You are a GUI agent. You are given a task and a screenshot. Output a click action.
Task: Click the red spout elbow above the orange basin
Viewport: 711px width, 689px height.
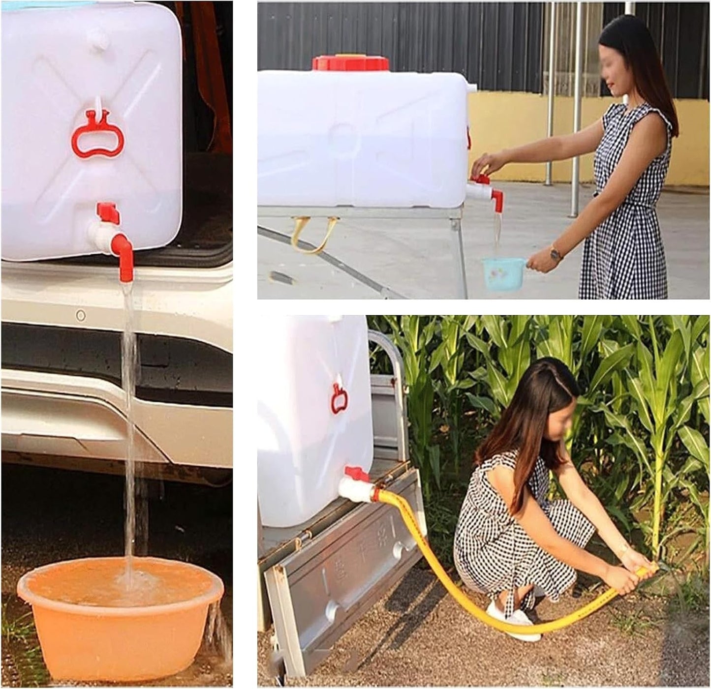tap(124, 253)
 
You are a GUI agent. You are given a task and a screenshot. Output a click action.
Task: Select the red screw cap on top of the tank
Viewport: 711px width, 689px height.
tap(350, 63)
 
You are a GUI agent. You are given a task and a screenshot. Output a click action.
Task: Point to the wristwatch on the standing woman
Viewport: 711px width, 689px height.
tap(556, 254)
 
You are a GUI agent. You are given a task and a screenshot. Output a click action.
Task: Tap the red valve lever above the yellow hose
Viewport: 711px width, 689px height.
tap(357, 473)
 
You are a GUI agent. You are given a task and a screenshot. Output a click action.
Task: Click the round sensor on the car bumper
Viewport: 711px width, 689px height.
tap(81, 315)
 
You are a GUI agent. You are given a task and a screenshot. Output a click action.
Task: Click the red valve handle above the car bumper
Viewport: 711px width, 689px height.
tap(109, 212)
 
